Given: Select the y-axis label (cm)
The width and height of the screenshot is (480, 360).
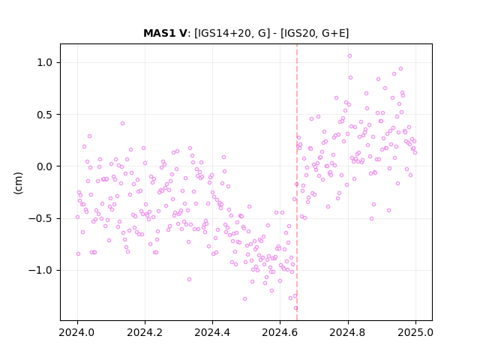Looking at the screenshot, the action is point(18,183).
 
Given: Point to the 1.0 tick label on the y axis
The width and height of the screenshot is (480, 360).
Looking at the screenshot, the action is point(45,63).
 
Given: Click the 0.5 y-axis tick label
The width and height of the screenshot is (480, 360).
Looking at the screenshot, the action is point(45,115).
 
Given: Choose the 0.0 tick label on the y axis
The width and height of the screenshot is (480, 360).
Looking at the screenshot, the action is point(45,166).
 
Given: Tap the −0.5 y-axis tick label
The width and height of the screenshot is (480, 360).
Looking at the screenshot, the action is point(40,219).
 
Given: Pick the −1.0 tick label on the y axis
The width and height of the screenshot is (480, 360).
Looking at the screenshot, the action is point(40,271).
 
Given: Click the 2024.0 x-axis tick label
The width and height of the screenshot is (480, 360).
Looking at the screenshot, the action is point(77,332).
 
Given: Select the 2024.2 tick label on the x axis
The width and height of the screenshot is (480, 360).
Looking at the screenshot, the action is point(145,332).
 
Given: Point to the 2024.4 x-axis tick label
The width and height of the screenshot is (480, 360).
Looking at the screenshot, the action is point(212,332).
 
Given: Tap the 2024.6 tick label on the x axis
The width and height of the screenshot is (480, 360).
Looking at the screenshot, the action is point(280,332).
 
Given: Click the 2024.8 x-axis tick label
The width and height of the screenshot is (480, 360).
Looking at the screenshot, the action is point(348,332).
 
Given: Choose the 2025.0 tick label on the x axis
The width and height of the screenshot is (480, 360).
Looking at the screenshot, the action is point(415,332).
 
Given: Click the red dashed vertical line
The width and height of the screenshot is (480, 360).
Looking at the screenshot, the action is point(297,182).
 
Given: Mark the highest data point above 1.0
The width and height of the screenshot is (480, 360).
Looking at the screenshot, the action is point(349,56).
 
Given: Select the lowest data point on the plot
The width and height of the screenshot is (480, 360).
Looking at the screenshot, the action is point(295,308).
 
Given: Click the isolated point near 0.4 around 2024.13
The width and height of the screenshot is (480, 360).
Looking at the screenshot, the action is point(122,123).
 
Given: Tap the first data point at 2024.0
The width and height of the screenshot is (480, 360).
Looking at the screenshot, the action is point(77,217).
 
